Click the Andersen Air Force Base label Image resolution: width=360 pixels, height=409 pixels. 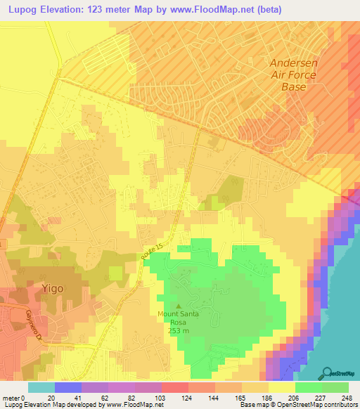point(295,74)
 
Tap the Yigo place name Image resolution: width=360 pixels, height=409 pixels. point(51,288)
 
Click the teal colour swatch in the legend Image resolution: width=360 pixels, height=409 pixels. point(41,387)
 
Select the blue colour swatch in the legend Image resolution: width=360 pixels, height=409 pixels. point(67,387)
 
